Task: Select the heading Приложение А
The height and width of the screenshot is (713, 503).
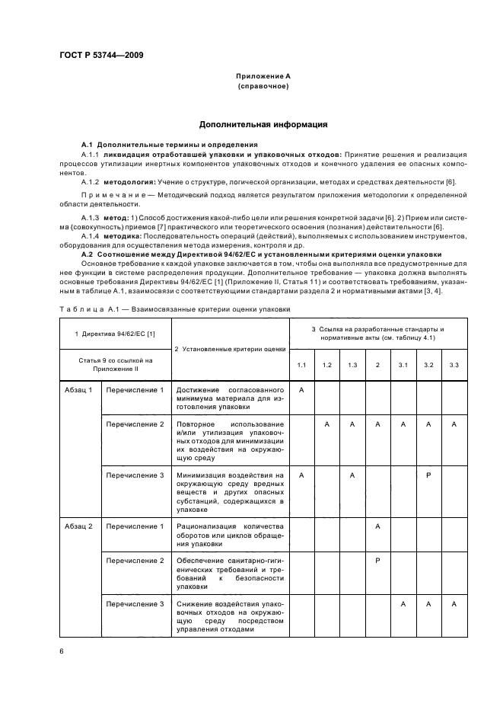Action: tap(263, 77)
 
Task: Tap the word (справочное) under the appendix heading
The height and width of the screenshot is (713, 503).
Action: tap(263, 86)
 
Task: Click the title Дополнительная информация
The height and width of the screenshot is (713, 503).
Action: tap(263, 123)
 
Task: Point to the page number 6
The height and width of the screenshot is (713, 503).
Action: tap(61, 651)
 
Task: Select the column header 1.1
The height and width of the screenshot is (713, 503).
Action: tap(301, 366)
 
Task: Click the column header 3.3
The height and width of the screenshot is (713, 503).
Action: tap(454, 366)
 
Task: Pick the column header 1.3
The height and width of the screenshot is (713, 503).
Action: tap(352, 366)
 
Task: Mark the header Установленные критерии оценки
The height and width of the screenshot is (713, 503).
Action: tap(230, 349)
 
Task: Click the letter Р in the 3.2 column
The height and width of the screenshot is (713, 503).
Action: tap(428, 475)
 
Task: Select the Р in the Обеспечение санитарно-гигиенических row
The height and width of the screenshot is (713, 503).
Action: tap(377, 561)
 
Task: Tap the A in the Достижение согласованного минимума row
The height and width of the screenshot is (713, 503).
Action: tap(301, 390)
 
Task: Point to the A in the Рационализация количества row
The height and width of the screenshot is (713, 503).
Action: tap(377, 526)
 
